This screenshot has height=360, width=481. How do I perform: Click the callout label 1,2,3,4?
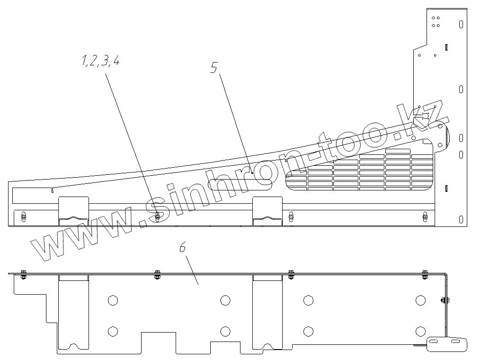(x=100, y=61)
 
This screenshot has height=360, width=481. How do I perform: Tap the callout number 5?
(x=214, y=68)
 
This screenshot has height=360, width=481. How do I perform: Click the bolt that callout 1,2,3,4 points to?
(x=157, y=217)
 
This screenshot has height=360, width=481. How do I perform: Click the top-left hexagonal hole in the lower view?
(x=112, y=300)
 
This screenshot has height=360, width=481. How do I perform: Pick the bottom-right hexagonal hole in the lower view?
(x=420, y=331)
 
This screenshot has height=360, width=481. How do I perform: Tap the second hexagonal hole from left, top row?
(x=225, y=300)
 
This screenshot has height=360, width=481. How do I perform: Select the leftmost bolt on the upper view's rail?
(x=23, y=217)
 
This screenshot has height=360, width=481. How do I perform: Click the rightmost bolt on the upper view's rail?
(x=425, y=217)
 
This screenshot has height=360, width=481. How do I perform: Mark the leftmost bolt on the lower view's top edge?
(x=23, y=272)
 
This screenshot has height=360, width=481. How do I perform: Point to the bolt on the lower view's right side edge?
(x=445, y=300)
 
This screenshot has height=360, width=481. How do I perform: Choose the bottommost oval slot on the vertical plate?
(x=461, y=219)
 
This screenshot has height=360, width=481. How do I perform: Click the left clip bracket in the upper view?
(x=73, y=211)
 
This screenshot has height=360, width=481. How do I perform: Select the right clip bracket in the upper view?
(x=268, y=211)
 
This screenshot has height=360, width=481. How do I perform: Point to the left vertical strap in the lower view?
(x=73, y=313)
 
